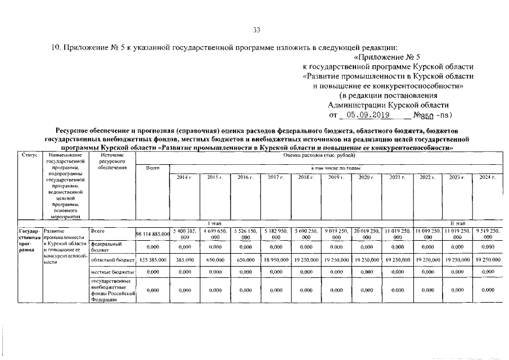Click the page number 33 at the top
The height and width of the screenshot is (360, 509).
(x=256, y=30)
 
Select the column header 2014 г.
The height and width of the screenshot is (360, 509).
(x=184, y=177)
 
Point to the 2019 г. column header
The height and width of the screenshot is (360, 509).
(x=336, y=177)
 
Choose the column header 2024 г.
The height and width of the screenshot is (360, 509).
(x=487, y=177)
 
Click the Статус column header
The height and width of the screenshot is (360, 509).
(x=29, y=154)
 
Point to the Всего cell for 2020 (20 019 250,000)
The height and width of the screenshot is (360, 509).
(x=366, y=233)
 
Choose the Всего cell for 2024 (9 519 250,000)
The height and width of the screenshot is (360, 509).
(x=487, y=233)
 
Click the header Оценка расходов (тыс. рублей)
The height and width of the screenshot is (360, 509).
(x=315, y=154)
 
